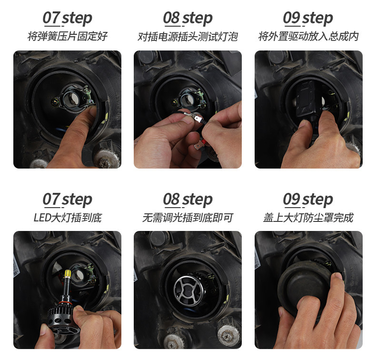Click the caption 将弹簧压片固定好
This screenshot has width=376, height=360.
coord(68,37)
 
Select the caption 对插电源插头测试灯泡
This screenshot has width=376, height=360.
coord(188,37)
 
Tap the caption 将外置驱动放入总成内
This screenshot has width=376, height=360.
coord(308,37)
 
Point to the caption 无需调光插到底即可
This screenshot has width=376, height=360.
coord(188,218)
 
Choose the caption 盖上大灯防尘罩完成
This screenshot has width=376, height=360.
coord(308,218)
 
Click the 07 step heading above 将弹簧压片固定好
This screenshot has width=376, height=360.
coord(68,19)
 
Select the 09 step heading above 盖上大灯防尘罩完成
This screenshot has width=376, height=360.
coord(308,200)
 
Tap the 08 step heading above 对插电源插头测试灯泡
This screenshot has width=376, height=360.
coord(188,19)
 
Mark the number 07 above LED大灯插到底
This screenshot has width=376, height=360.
coord(51,200)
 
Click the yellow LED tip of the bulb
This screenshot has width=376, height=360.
coord(68,273)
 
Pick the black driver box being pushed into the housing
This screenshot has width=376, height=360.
coord(306,99)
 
